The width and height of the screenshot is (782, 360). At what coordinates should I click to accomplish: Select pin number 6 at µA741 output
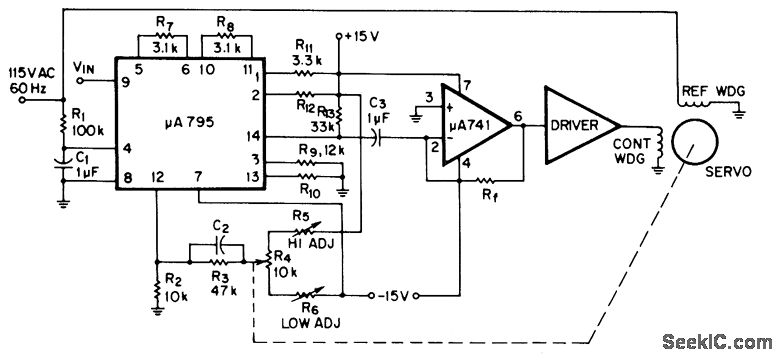(518, 114)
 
